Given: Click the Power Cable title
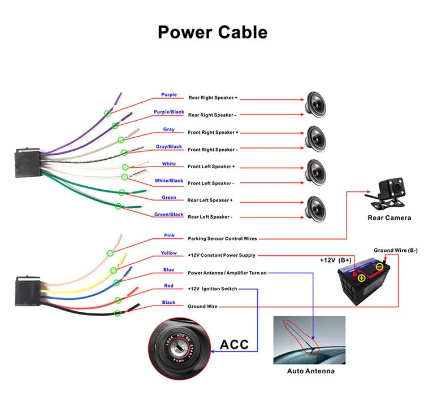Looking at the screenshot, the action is pyautogui.click(x=213, y=32).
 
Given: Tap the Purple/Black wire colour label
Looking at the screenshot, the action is pyautogui.click(x=168, y=112).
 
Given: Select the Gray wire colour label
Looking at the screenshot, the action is pyautogui.click(x=168, y=129).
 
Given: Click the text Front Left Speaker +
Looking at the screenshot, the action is pyautogui.click(x=211, y=167).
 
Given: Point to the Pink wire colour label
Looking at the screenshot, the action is pyautogui.click(x=169, y=235).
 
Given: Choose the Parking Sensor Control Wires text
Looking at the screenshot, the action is pyautogui.click(x=222, y=238).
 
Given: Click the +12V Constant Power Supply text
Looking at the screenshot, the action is pyautogui.click(x=222, y=255).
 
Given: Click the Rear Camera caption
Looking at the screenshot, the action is pyautogui.click(x=389, y=218).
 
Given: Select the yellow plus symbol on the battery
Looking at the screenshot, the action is pyautogui.click(x=362, y=278).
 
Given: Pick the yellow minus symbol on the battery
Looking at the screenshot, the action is pyautogui.click(x=380, y=267).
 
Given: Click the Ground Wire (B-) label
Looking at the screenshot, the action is pyautogui.click(x=396, y=250).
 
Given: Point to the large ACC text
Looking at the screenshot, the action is pyautogui.click(x=234, y=344).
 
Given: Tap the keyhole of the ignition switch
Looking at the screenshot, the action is pyautogui.click(x=178, y=347).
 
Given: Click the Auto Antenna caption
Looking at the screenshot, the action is pyautogui.click(x=311, y=371).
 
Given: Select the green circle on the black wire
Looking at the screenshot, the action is pyautogui.click(x=118, y=313).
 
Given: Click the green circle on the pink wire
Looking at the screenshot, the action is pyautogui.click(x=110, y=253).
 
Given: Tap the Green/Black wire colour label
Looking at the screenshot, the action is pyautogui.click(x=168, y=215).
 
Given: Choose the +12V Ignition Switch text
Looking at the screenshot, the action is pyautogui.click(x=212, y=289).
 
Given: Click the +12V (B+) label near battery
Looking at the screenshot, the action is pyautogui.click(x=336, y=260).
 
